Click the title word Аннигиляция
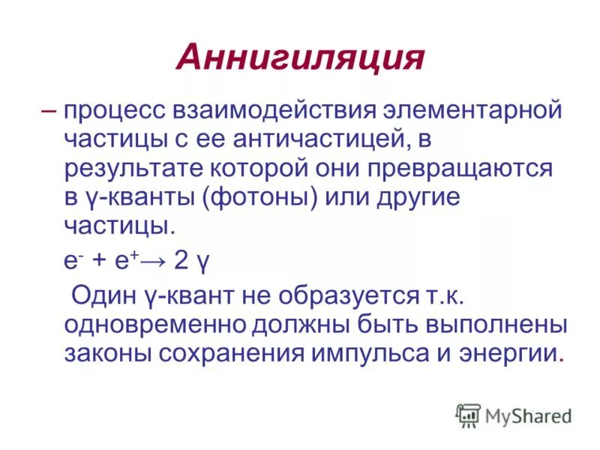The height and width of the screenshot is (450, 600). click(300, 58)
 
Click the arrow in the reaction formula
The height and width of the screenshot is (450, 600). click(154, 259)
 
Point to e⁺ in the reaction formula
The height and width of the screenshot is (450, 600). click(127, 259)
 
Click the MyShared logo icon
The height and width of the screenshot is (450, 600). click(468, 415)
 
